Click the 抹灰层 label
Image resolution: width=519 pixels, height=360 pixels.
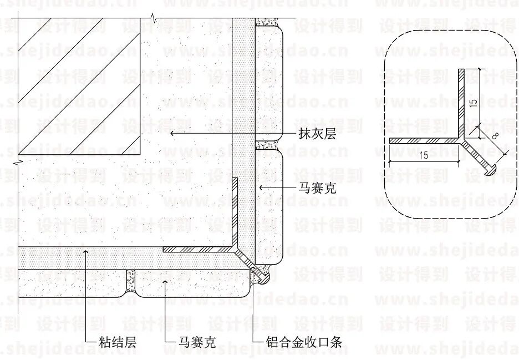pyautogui.click(x=318, y=134)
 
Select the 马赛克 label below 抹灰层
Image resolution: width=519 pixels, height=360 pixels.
pyautogui.click(x=318, y=189)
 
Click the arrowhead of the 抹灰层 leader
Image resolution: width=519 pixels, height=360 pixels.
pyautogui.click(x=172, y=134)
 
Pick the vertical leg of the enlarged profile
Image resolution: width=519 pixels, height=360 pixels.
pyautogui.click(x=461, y=103)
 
